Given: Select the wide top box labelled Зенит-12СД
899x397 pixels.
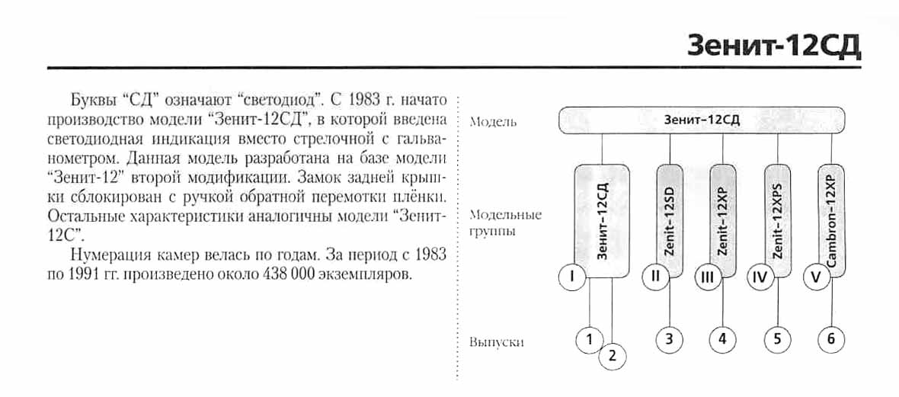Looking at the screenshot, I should (x=702, y=120).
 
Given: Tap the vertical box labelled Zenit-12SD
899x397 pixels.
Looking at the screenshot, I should (x=670, y=221).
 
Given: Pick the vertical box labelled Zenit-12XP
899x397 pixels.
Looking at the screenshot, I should (x=724, y=221).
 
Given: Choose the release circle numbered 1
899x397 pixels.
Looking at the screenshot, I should (x=589, y=339).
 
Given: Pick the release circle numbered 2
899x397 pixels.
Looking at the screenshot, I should (x=613, y=356).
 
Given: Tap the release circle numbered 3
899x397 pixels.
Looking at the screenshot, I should (x=669, y=339).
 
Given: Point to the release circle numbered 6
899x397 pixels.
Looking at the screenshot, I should (x=831, y=339).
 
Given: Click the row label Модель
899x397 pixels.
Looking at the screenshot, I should (x=494, y=121).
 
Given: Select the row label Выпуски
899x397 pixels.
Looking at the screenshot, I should (x=497, y=342).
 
